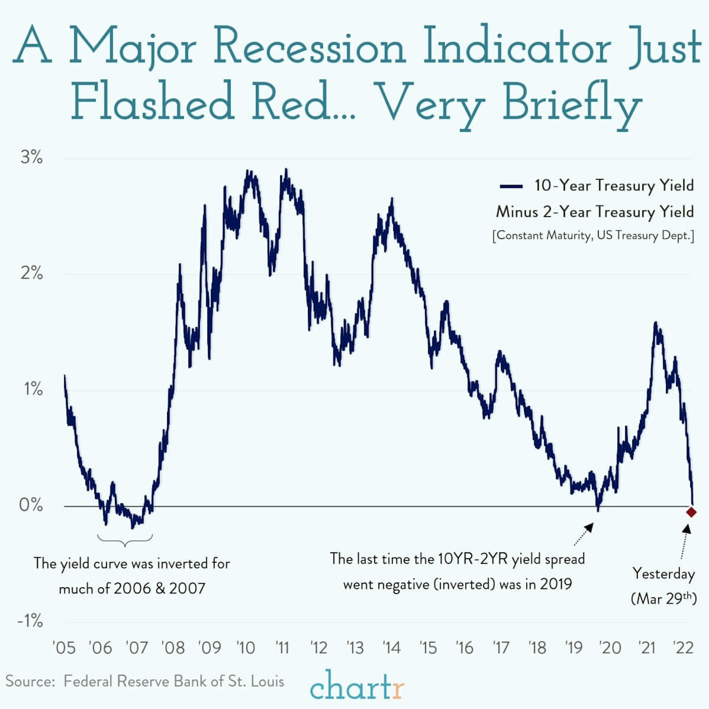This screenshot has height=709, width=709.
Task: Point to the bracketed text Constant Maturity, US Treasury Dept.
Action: click(593, 235)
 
